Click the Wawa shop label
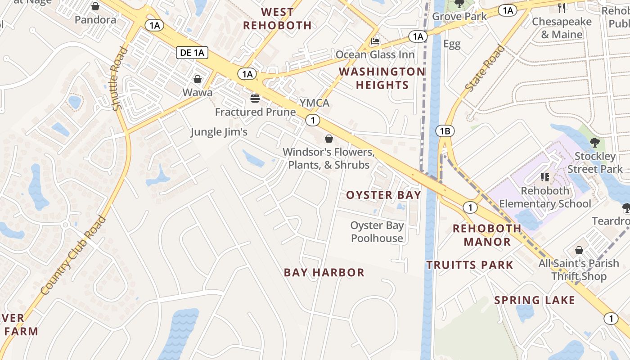point(197,93)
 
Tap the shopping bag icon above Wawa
point(197,80)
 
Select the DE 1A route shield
point(192,53)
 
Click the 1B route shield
point(445,131)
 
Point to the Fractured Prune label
point(255,112)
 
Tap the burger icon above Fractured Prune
point(255,98)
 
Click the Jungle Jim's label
point(219,132)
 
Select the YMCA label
point(315,103)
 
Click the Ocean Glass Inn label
point(375,54)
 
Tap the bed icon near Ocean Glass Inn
point(375,41)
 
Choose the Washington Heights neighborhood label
point(382,78)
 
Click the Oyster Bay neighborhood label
point(383,195)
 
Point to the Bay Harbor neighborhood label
point(324,272)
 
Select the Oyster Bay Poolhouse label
point(377,232)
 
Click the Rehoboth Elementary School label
point(545,197)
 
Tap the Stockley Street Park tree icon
point(594,142)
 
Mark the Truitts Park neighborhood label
point(470,265)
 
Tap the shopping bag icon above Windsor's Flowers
point(329,138)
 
